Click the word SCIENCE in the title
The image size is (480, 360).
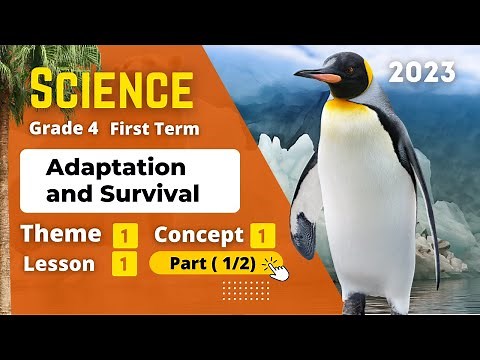113,91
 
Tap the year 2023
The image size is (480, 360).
421,72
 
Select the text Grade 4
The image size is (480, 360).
63,128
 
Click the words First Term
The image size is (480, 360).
154,128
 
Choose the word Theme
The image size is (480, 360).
61,235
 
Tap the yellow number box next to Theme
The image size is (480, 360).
125,236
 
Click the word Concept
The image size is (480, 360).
199,236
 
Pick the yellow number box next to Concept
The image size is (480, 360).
263,236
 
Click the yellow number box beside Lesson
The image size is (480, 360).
125,264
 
